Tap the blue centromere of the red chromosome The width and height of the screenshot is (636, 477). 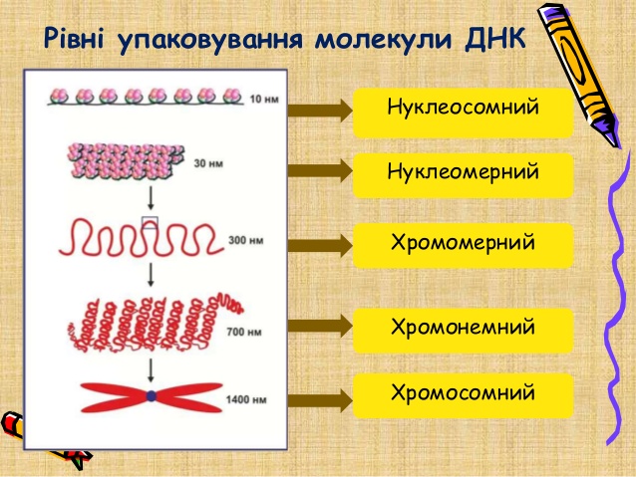point(152,396)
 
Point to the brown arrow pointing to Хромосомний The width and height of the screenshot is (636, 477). point(319,400)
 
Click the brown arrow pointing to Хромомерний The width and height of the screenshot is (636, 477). point(319,243)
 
